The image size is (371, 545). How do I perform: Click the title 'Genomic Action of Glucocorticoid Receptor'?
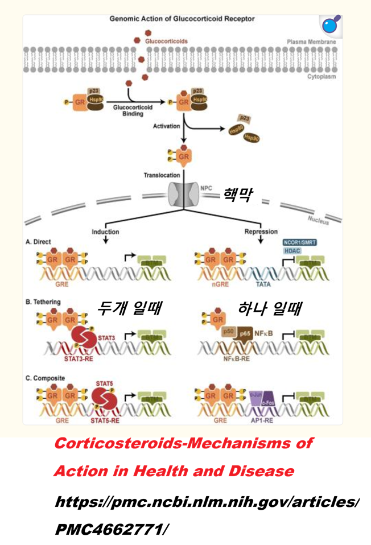tap(182, 19)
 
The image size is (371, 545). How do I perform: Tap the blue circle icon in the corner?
tap(329, 26)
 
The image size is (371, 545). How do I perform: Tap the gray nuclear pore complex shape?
tap(183, 197)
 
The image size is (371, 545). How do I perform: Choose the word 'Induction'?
tap(105, 232)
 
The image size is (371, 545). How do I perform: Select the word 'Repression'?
tap(260, 232)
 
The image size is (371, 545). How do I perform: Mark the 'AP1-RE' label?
tap(262, 422)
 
